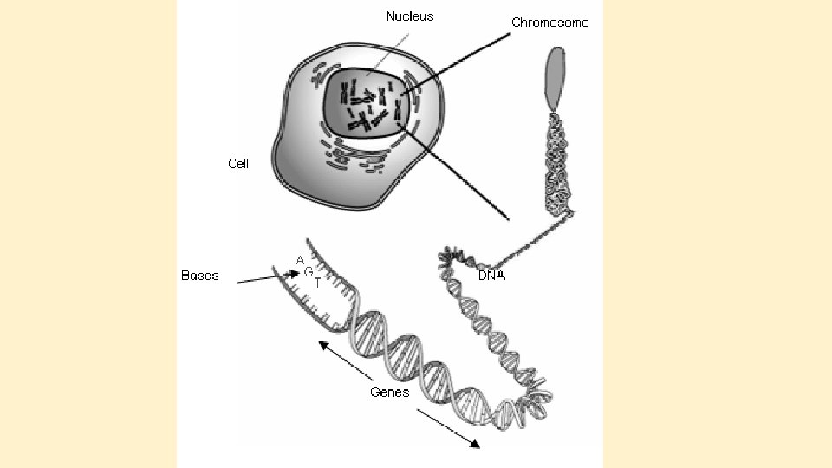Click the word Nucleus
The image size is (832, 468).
click(x=409, y=16)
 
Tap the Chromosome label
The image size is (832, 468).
click(x=549, y=23)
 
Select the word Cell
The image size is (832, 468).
click(x=237, y=163)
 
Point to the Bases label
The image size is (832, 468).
click(x=199, y=276)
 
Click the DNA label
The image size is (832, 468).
click(x=491, y=276)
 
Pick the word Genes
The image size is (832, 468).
click(x=389, y=392)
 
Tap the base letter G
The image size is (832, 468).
click(x=308, y=271)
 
